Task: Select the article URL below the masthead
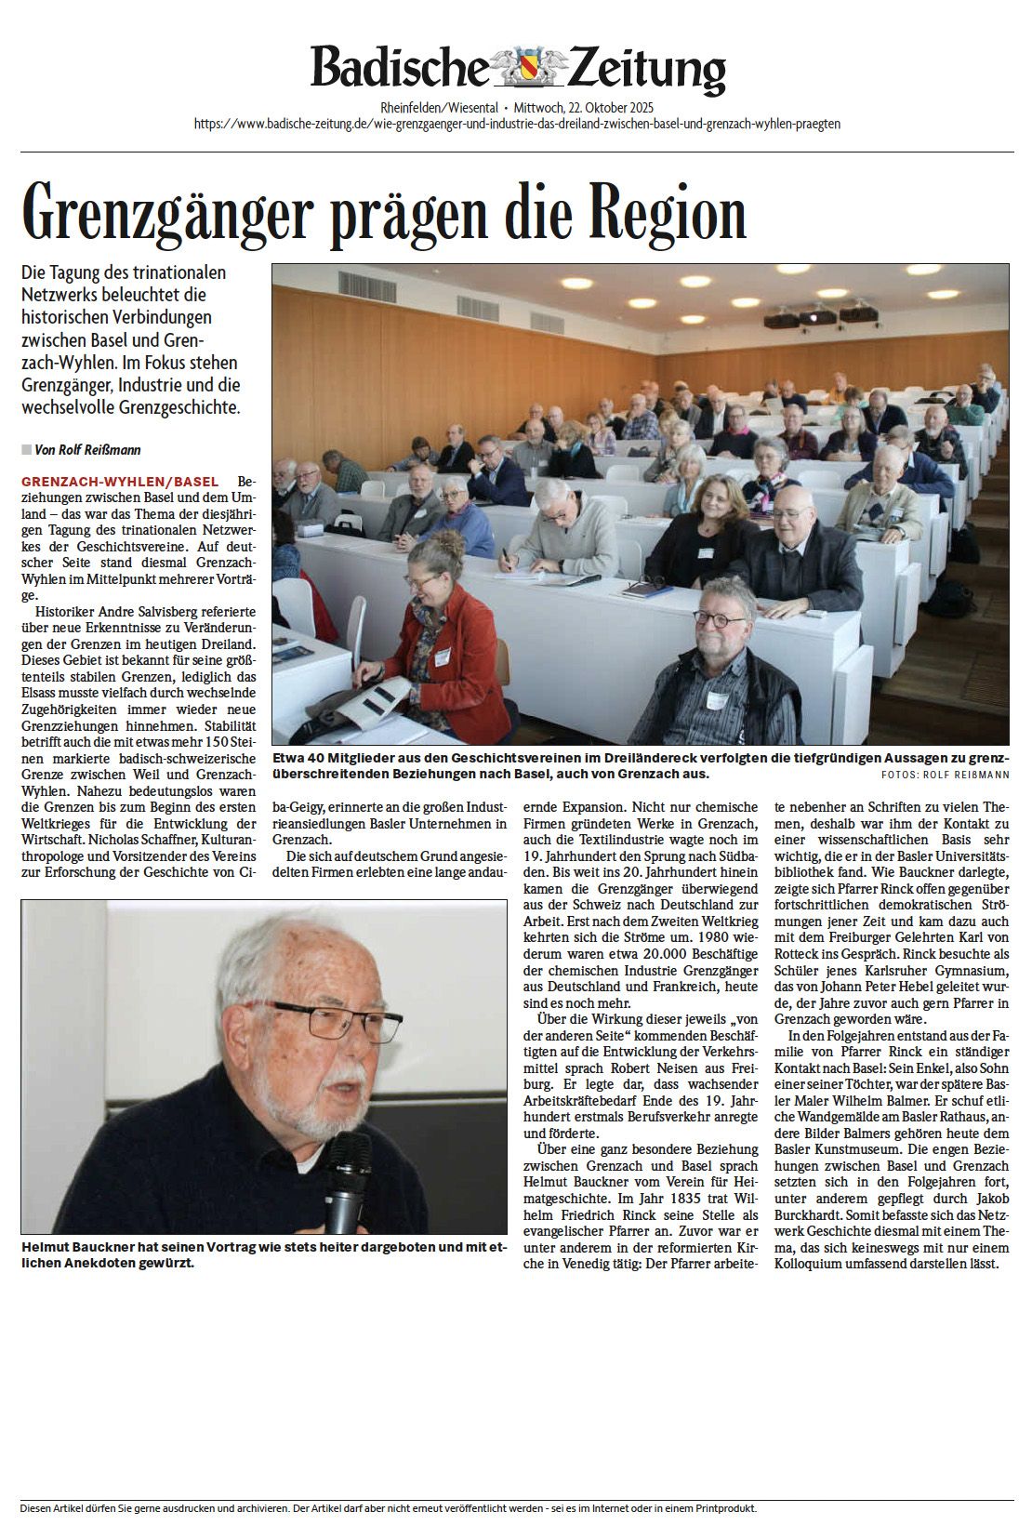(x=517, y=124)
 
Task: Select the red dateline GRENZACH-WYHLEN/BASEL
(x=120, y=482)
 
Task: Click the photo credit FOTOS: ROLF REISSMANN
(x=945, y=775)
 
